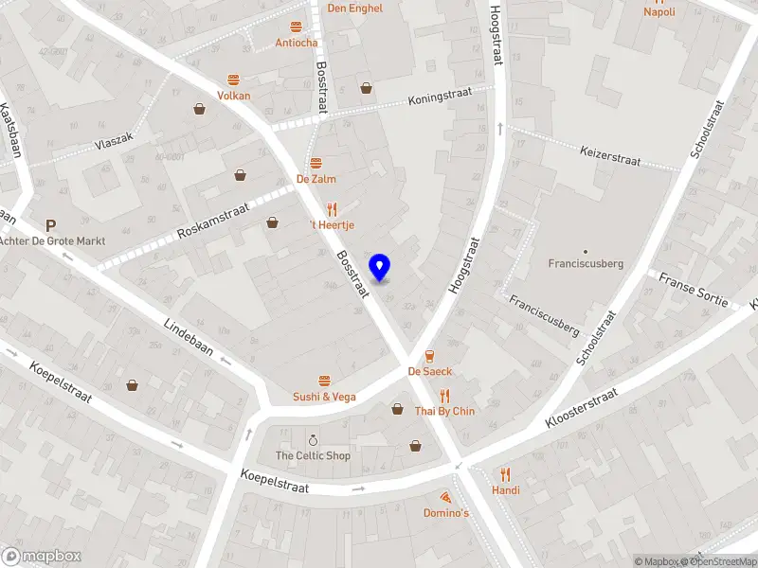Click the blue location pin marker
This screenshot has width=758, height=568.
click(380, 268)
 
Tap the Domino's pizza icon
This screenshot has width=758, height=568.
click(445, 496)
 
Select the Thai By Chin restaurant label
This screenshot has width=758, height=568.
click(444, 411)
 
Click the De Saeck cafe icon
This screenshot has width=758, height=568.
click(429, 356)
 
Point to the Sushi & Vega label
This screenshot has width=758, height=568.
click(324, 397)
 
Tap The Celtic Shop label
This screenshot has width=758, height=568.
click(313, 455)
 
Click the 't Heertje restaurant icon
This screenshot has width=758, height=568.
click(332, 209)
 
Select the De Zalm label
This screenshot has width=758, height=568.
click(316, 178)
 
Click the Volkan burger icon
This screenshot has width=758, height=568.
click(233, 80)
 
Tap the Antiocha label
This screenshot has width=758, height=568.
click(297, 43)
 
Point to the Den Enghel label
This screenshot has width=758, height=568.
click(354, 9)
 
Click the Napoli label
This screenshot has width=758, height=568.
click(659, 12)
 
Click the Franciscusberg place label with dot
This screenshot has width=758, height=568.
click(586, 263)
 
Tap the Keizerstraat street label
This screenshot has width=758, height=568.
click(610, 155)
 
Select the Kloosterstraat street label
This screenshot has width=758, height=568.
click(582, 408)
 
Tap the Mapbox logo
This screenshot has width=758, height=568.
click(42, 557)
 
